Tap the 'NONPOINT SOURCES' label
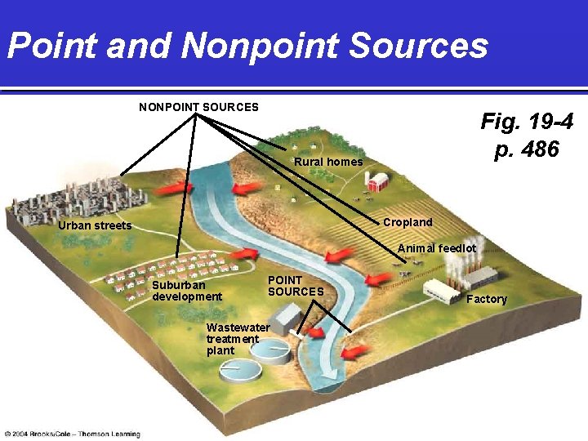pos(198,107)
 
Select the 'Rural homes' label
pos(328,162)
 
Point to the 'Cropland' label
pos(408,222)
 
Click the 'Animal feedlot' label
pos(437,247)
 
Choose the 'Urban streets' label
pos(95,225)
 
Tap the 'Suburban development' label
pos(187,291)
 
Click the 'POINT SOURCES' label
pos(296,286)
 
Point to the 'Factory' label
pos(487,299)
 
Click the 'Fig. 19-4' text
pos(526,122)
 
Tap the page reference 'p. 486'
pos(527,149)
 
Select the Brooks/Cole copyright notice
pos(72,433)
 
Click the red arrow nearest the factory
pos(379,280)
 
